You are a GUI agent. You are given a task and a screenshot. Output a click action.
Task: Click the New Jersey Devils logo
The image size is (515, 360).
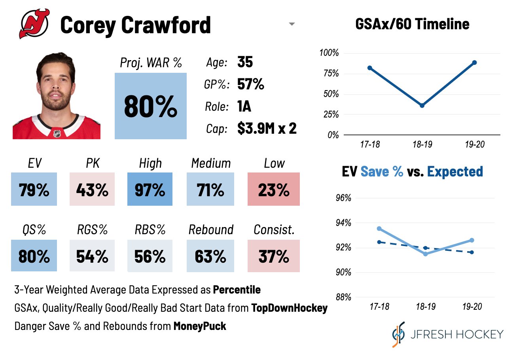pos(34,24)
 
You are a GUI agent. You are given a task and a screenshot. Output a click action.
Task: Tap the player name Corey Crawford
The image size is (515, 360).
pos(136,25)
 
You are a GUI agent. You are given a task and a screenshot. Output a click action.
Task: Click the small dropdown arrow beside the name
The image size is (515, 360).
pos(292,25)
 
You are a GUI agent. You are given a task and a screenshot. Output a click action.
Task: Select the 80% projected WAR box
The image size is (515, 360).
pos(150,106)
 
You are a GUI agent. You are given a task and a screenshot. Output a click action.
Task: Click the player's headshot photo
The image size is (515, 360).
pos(56,95)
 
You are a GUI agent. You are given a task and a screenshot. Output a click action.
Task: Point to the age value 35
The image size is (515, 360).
pos(245,62)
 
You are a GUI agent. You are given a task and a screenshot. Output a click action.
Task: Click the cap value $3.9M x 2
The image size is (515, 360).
pos(267,129)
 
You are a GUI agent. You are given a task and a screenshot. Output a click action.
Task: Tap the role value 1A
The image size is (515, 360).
pos(244,106)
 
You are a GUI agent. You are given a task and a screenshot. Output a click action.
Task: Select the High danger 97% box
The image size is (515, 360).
pos(150,189)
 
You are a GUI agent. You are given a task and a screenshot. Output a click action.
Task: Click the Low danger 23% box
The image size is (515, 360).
pos(274,189)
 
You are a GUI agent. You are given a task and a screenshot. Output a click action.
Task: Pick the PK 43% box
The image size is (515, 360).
pos(92,189)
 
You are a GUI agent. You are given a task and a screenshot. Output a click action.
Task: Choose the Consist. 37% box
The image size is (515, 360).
pos(274,256)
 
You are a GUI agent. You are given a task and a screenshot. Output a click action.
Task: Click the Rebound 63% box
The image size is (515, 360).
pos(210,256)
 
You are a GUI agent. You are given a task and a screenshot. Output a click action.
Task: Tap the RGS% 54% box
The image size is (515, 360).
pos(92,256)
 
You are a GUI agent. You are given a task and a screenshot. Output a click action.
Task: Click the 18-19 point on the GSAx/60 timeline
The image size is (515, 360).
pos(422,105)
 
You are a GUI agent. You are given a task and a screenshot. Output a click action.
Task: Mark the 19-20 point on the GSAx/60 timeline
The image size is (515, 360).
pos(474,63)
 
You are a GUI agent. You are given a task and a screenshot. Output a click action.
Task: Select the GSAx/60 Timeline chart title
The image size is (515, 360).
pos(412,24)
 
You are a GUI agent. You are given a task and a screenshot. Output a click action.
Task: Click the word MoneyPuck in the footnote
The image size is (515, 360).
pos(200,326)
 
